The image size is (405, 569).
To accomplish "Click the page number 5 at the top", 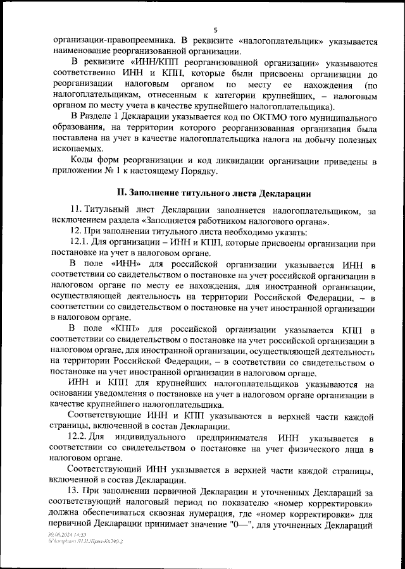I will [x=215, y=30].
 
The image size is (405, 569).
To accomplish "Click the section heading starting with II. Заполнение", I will [x=215, y=192].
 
